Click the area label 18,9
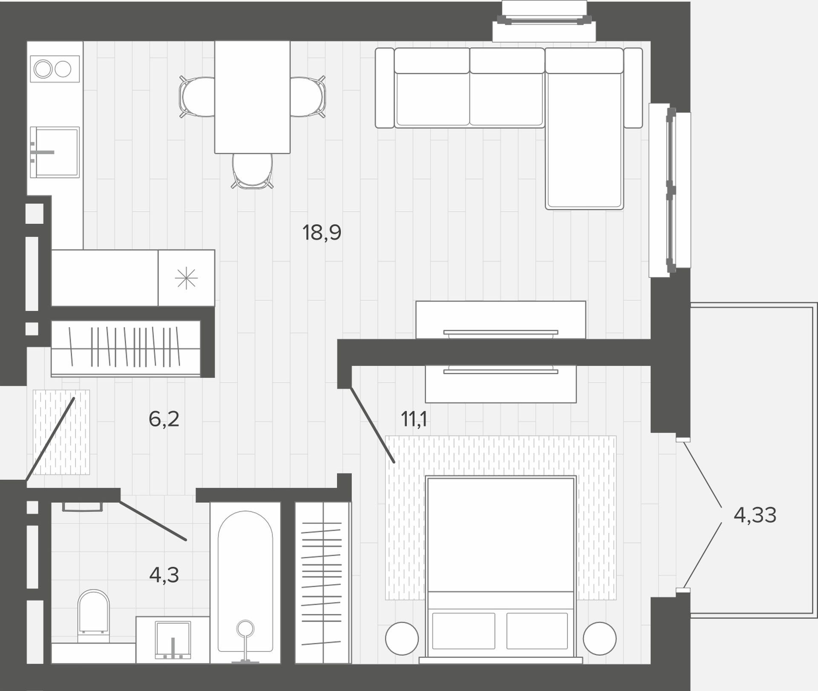click(x=322, y=233)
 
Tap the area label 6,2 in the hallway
click(x=164, y=419)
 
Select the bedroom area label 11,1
click(x=414, y=419)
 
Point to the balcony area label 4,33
click(x=755, y=515)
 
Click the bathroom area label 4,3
click(x=164, y=575)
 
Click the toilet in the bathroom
click(x=94, y=616)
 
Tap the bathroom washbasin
click(x=173, y=640)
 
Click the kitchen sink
click(x=55, y=152)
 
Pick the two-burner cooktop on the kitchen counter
click(x=55, y=69)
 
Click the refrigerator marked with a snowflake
click(x=186, y=278)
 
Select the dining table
click(x=252, y=97)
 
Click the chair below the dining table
click(x=252, y=171)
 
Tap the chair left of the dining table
click(x=197, y=97)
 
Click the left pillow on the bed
click(x=464, y=631)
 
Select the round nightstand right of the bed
click(x=599, y=639)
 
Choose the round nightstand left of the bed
click(x=402, y=639)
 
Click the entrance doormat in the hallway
click(x=61, y=432)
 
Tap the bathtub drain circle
click(x=245, y=628)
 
